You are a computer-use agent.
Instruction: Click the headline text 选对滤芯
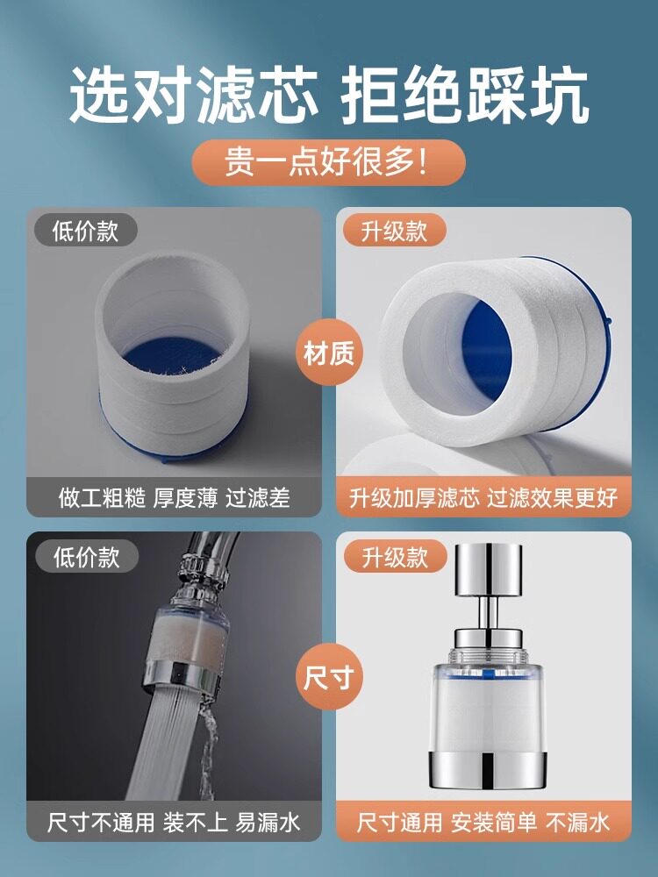click(194, 96)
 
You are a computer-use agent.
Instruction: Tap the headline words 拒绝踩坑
click(465, 96)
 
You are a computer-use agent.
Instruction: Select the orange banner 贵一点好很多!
click(328, 162)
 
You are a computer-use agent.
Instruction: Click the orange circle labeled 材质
click(329, 353)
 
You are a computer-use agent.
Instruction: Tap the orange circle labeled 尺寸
click(329, 677)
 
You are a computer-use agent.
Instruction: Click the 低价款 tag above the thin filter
click(86, 230)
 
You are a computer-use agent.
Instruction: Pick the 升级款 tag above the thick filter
click(395, 230)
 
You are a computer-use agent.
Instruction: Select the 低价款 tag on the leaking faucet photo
click(87, 557)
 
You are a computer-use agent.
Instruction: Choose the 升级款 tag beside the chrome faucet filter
click(396, 557)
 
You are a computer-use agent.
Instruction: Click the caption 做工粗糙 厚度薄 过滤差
click(174, 497)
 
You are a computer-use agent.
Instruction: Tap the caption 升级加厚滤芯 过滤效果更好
click(483, 497)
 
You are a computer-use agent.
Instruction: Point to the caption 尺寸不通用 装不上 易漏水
click(174, 823)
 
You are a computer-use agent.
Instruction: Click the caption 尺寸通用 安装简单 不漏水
click(483, 823)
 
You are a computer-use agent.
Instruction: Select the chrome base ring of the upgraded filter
click(488, 770)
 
